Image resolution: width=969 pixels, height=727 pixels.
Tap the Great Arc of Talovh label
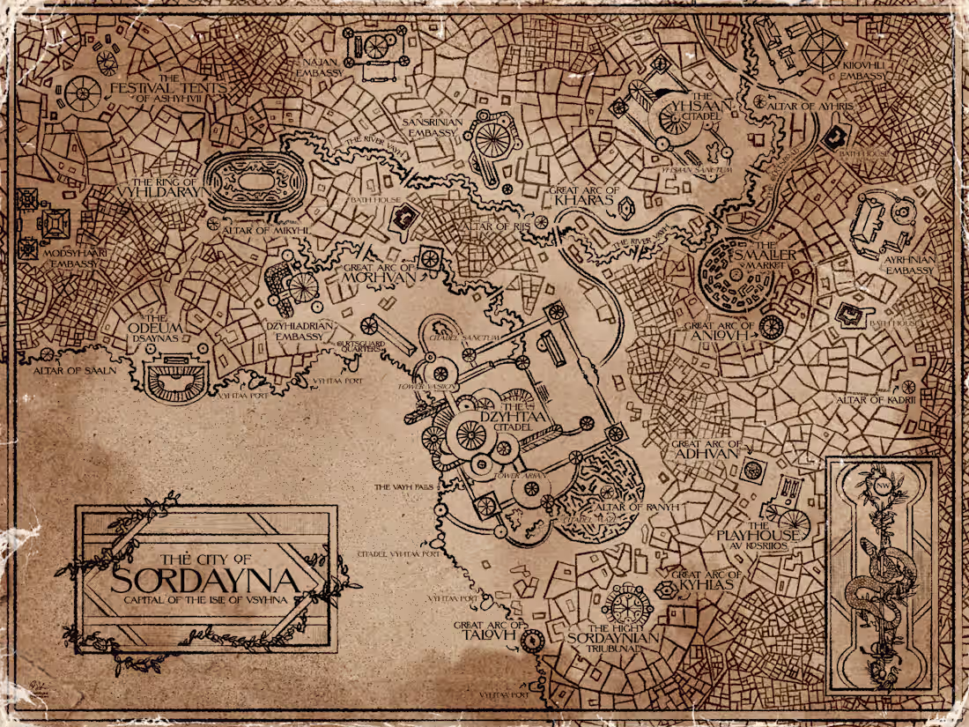(482, 632)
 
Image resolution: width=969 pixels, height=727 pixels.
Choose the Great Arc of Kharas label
(583, 196)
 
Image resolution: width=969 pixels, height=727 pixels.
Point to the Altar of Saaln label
(75, 370)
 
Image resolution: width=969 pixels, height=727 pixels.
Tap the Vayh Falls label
(403, 486)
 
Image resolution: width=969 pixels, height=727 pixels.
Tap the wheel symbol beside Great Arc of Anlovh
(771, 327)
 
